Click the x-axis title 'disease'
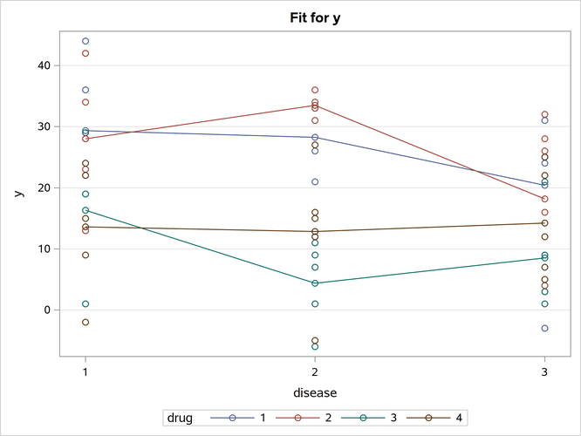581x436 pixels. [x=315, y=392]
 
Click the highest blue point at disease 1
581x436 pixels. [x=85, y=41]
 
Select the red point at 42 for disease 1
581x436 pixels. [x=85, y=53]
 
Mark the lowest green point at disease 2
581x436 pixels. [x=315, y=346]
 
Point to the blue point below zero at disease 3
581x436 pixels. [x=544, y=328]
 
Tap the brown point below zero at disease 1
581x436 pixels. [x=85, y=322]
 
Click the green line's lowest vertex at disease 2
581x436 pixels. [x=315, y=283]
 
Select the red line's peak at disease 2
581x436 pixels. [x=315, y=106]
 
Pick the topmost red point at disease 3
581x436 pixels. [x=544, y=114]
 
